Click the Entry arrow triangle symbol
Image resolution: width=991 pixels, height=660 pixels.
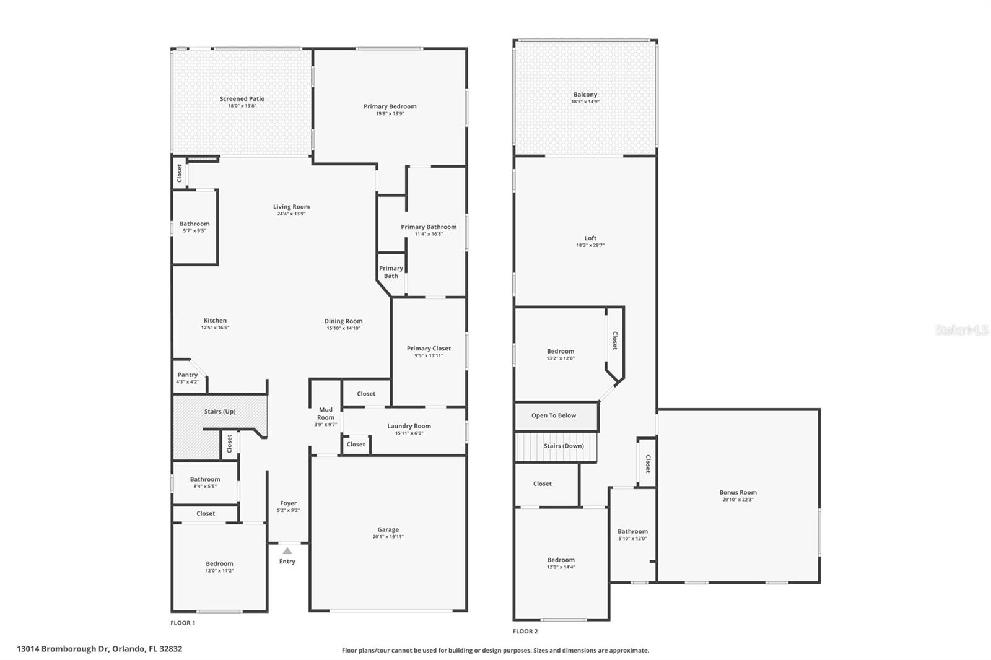(x=287, y=550)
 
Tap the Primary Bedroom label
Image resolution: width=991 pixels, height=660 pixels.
(x=390, y=106)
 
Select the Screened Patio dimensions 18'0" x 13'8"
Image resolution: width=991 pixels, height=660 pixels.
(x=242, y=106)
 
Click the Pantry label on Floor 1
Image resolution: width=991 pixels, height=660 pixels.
(x=188, y=375)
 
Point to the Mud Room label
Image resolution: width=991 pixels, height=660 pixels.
(x=326, y=413)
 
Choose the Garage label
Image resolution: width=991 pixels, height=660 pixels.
(x=388, y=529)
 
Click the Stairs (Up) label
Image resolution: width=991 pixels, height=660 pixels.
(x=220, y=412)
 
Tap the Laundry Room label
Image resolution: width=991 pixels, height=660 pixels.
(x=409, y=426)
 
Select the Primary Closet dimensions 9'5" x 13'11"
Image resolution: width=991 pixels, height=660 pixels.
(x=429, y=355)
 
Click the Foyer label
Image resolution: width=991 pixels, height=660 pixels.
(x=288, y=503)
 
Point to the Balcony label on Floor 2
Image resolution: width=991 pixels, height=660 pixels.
(x=585, y=95)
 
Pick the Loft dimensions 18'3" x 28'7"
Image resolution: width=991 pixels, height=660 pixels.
(x=590, y=245)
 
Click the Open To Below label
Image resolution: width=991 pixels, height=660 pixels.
(x=554, y=415)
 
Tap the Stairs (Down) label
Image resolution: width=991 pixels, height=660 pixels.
(x=564, y=446)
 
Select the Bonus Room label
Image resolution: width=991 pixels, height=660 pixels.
(x=738, y=492)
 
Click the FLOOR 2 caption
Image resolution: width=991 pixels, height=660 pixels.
(x=525, y=632)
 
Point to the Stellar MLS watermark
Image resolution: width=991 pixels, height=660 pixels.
(x=961, y=331)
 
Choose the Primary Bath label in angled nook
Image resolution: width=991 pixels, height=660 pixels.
(x=391, y=272)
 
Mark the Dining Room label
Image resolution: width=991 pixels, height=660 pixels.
(x=343, y=321)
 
